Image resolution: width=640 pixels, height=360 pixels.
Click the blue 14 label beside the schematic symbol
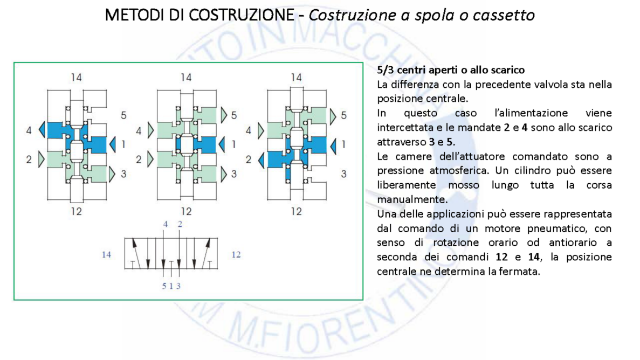point(106,254)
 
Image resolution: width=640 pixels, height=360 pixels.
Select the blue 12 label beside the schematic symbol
point(236,254)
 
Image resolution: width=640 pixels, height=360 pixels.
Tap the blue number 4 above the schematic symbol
point(166,224)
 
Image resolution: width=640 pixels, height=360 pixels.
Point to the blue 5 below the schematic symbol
point(164,286)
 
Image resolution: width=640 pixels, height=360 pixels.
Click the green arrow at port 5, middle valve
point(223,115)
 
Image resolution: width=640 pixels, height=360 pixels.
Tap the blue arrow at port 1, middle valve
point(223,144)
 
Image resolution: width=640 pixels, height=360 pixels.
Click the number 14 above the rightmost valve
point(296,78)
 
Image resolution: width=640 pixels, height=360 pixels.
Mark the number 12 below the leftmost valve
point(76,211)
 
